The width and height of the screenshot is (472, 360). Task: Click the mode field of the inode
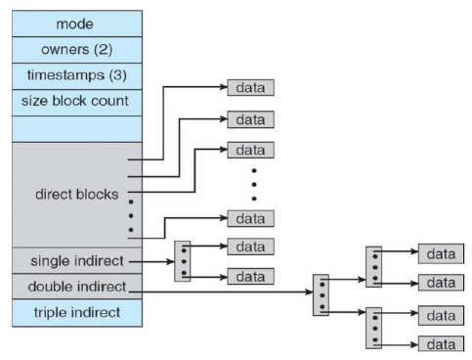tap(77, 23)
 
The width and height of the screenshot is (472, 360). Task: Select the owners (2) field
tap(77, 50)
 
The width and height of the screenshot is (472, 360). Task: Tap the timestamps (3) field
tap(77, 76)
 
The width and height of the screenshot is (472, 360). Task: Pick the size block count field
tap(77, 103)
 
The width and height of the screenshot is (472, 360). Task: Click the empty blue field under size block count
tap(77, 129)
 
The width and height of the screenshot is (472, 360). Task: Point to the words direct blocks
tap(77, 195)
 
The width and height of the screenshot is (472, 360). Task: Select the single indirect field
tap(77, 260)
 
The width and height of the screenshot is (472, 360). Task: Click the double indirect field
tap(77, 287)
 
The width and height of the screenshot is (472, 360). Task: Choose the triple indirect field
tap(77, 313)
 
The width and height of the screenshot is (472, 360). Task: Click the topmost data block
tap(250, 87)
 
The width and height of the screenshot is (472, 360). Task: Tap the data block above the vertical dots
tap(250, 150)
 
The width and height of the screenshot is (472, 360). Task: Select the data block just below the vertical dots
tap(250, 218)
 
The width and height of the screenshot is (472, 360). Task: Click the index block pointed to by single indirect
tap(183, 261)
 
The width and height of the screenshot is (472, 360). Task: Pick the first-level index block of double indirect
tap(321, 295)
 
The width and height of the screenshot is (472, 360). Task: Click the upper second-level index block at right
tap(373, 267)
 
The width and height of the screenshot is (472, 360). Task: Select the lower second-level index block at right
tap(373, 328)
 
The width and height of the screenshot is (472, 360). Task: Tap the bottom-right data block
tap(441, 344)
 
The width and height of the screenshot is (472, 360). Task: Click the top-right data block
tap(441, 253)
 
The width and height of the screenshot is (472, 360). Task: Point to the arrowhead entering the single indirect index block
tap(171, 261)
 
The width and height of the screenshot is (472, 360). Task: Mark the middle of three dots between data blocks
tap(254, 185)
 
